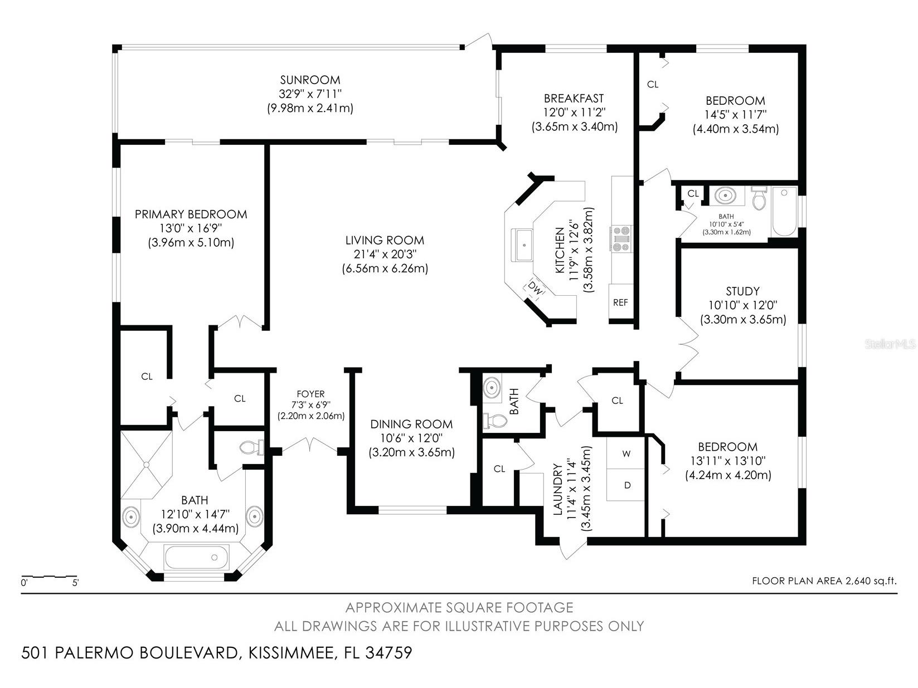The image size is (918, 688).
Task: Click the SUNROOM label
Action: tap(310, 80)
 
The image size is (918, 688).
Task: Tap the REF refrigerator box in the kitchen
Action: tap(620, 302)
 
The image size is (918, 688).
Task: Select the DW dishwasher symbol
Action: tap(535, 289)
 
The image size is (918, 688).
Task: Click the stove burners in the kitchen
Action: tap(621, 238)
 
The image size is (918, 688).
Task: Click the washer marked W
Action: tap(626, 453)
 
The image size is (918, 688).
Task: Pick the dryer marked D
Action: tap(627, 485)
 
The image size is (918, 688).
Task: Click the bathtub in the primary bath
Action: tap(196, 558)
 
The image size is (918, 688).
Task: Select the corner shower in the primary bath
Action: tap(146, 463)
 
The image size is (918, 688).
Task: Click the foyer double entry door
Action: tap(309, 446)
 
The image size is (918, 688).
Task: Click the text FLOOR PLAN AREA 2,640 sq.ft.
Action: tap(824, 581)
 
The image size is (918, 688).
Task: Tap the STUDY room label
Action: tap(742, 291)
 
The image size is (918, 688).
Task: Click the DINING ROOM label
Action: tap(411, 424)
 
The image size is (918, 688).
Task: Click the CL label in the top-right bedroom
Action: tap(653, 85)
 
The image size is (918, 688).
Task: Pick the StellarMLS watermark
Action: tap(891, 344)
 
